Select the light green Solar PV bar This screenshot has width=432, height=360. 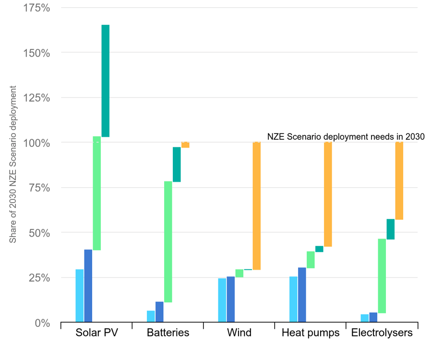click(x=97, y=193)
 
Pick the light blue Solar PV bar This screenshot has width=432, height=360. click(x=80, y=295)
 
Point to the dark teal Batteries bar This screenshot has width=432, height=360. click(x=177, y=164)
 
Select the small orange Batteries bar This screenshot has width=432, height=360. click(x=185, y=145)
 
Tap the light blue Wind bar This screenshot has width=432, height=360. click(x=222, y=300)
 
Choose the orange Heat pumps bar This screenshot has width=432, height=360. click(x=328, y=194)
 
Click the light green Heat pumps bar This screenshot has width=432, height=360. click(x=311, y=260)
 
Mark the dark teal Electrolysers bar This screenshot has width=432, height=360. click(x=391, y=229)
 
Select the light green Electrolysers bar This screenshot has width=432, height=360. click(x=382, y=276)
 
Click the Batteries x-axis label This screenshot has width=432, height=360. click(x=168, y=333)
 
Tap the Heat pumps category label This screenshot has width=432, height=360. click(x=311, y=333)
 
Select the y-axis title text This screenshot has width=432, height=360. click(x=13, y=164)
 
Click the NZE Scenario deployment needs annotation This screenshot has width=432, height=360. click(x=346, y=136)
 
